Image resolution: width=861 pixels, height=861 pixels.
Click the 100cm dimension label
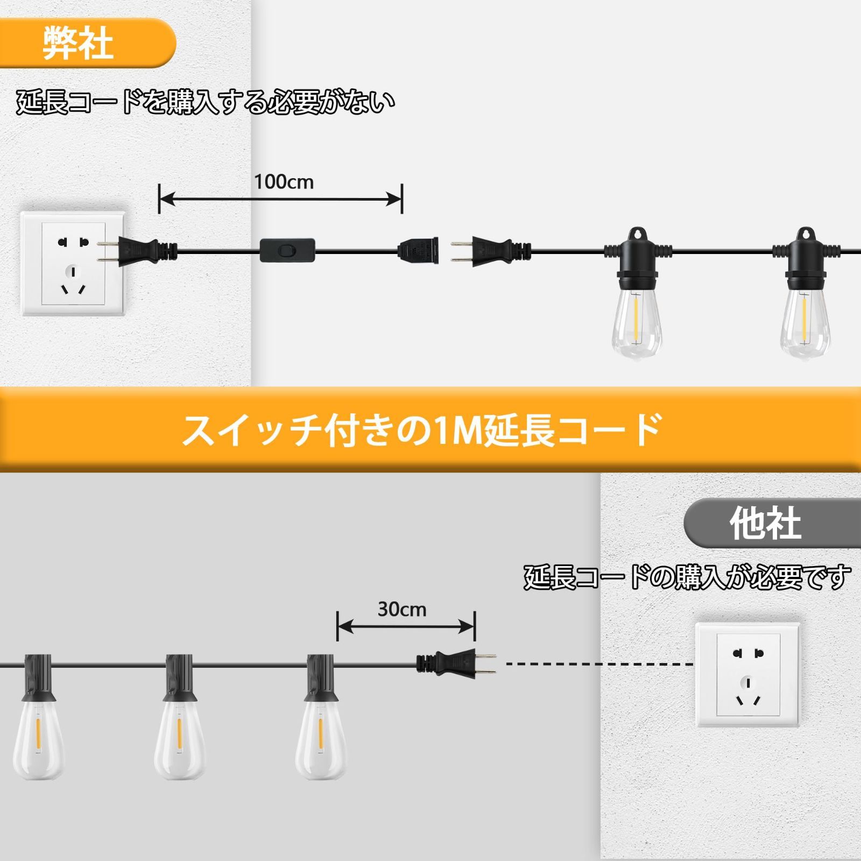284,182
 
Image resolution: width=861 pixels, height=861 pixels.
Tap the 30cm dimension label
402,609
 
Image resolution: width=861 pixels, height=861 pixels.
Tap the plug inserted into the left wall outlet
137,251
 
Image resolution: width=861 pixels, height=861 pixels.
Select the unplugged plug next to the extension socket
490,250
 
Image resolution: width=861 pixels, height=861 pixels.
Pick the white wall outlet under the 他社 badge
748,675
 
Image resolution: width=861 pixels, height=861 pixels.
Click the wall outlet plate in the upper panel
73,263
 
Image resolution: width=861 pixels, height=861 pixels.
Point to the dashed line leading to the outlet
599,664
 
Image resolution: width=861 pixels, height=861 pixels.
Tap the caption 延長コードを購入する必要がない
206,102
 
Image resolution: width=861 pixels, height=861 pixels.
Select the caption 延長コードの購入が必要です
687,577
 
